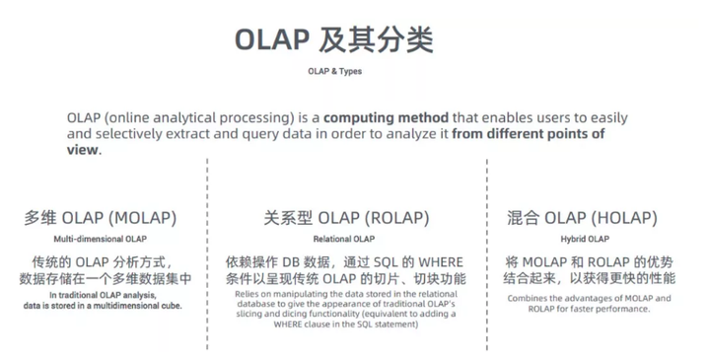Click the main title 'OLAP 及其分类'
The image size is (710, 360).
point(333,42)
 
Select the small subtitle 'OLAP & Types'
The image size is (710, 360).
point(333,72)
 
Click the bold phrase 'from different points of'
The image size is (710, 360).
point(528,134)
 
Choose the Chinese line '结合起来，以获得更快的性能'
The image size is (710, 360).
point(580,279)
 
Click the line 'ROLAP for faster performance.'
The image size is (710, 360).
point(580,309)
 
